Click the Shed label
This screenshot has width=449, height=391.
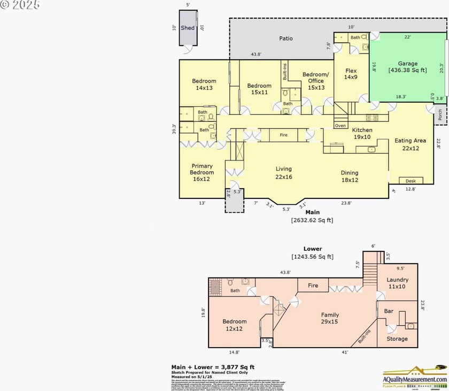188,28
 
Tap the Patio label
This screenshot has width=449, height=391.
286,39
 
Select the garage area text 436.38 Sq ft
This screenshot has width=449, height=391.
407,70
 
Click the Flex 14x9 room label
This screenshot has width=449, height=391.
351,74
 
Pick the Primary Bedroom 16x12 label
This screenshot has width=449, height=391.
202,169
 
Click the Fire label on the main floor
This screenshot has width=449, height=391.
284,135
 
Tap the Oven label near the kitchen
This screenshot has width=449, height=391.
340,126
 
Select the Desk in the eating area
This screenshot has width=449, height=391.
411,181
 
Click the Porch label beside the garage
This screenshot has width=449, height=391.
440,114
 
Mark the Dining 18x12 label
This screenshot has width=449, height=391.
350,177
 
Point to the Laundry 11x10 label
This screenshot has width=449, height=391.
397,283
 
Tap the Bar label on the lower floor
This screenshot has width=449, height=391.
389,311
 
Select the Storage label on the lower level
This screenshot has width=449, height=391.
397,339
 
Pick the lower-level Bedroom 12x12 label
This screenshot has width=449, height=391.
235,325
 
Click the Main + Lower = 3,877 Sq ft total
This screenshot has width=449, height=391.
213,366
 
